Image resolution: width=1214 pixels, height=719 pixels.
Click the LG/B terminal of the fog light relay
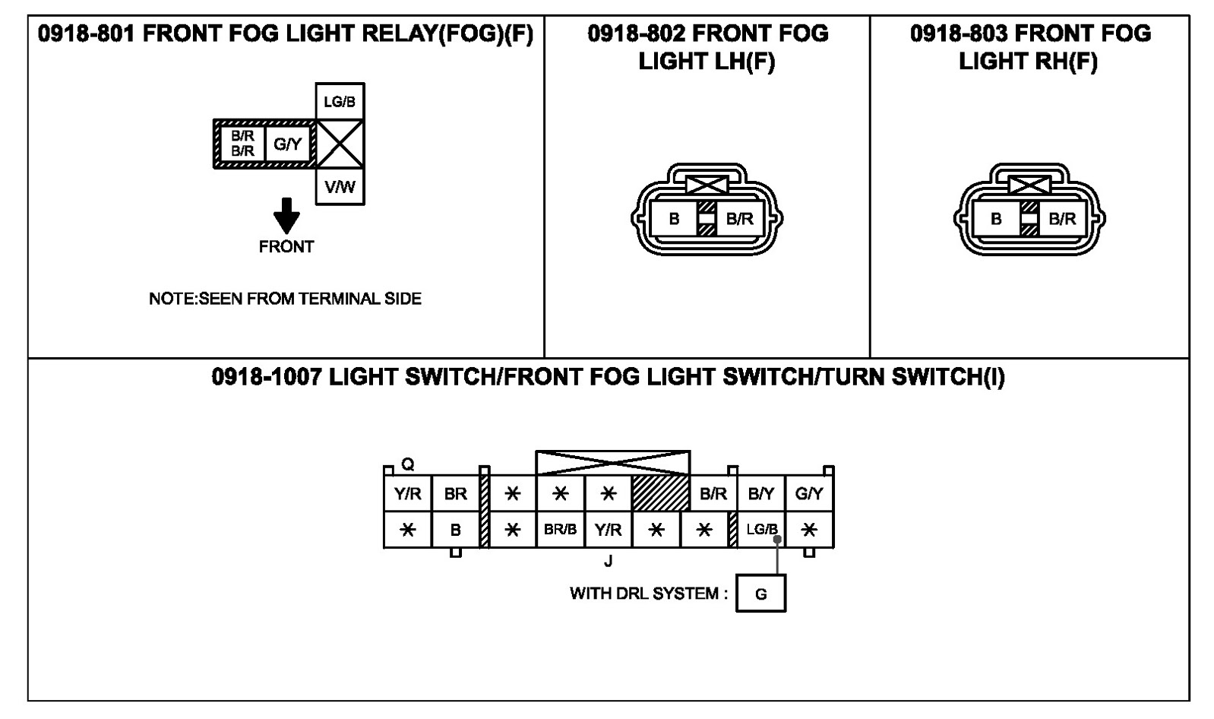pos(340,102)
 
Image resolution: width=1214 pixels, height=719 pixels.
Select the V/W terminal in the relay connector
pos(340,186)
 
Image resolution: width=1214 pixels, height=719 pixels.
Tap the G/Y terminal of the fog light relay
pos(288,144)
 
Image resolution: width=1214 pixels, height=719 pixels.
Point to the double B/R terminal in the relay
pos(242,144)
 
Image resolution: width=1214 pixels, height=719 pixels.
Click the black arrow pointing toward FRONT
pos(286,215)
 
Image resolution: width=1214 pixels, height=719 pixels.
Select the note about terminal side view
pos(285,299)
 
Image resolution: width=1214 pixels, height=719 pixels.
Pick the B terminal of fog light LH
pos(674,220)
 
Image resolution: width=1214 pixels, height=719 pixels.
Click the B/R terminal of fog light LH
pos(739,220)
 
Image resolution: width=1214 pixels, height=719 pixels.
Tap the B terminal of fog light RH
pos(996,220)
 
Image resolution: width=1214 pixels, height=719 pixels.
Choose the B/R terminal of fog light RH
pos(1062,220)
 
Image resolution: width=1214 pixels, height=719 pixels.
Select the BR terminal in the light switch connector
pos(455,494)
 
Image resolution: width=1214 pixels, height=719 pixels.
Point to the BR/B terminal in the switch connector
pos(560,530)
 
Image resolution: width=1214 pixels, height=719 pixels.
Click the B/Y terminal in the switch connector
pos(760,494)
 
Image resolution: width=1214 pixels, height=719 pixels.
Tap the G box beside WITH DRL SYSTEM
pos(760,594)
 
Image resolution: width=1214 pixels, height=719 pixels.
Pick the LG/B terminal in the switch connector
pos(760,530)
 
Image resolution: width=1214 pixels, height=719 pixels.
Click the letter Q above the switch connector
pos(408,464)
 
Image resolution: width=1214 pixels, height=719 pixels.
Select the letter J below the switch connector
pos(608,562)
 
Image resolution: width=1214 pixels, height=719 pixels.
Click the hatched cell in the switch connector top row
pos(660,494)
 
